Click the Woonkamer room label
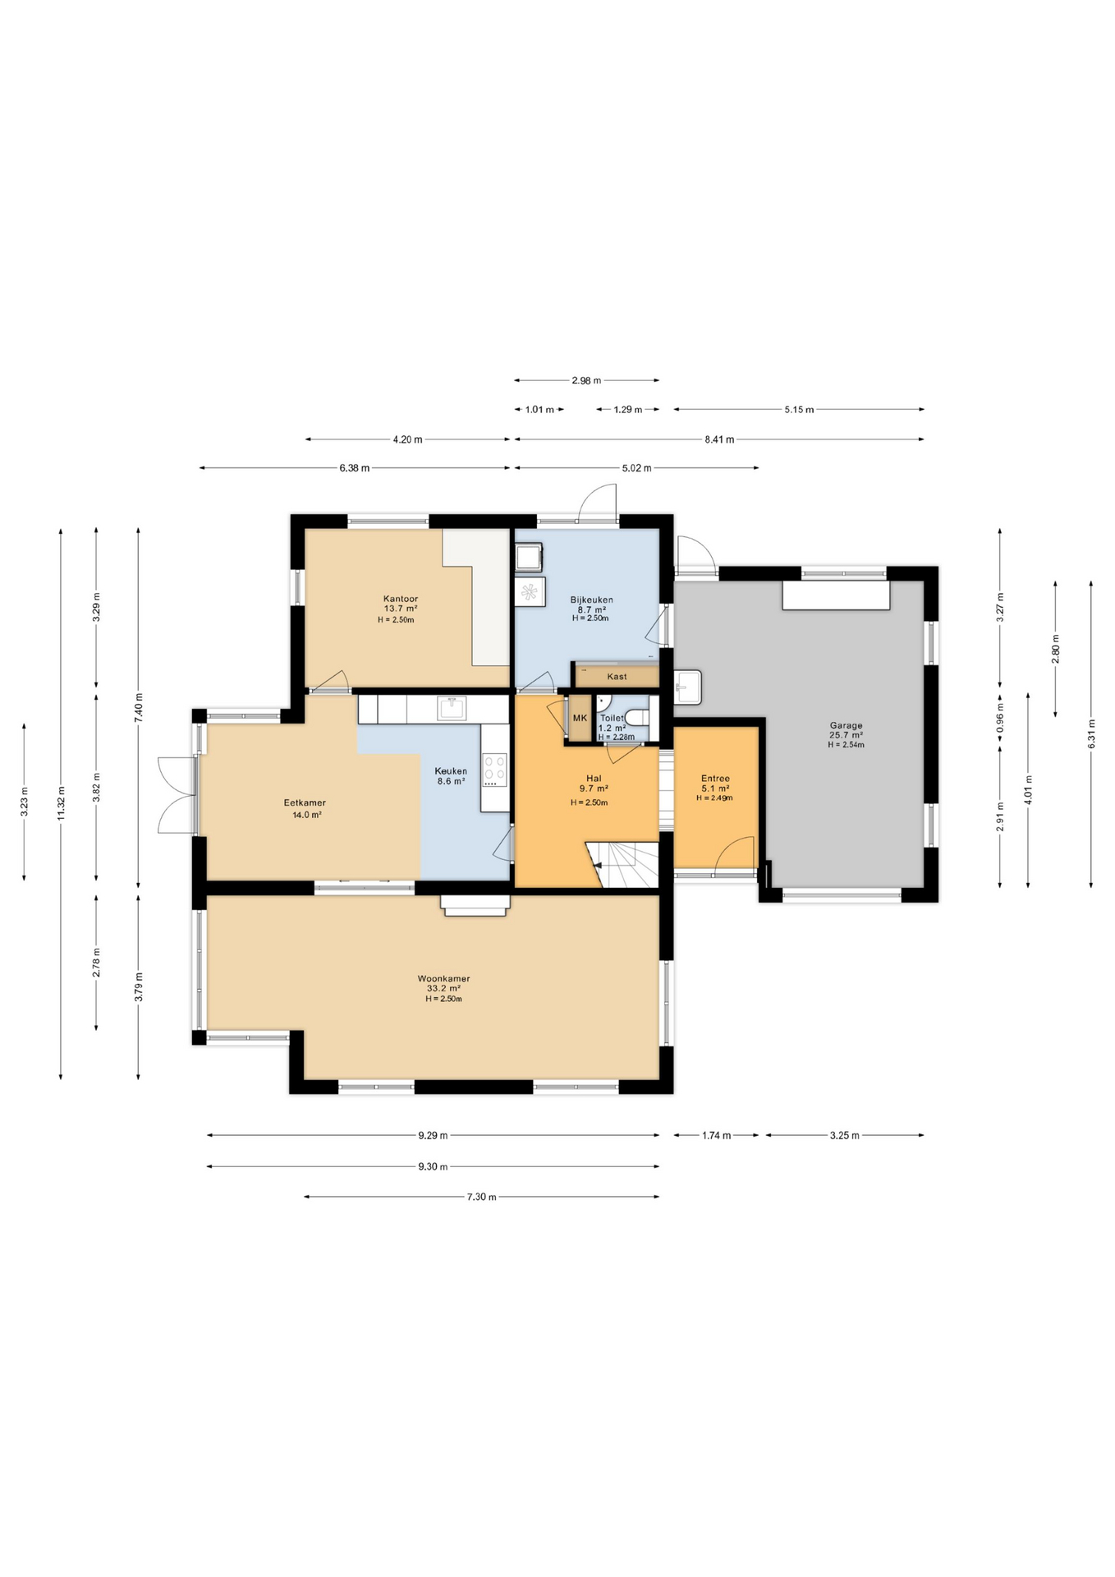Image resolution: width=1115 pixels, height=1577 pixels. coord(443,979)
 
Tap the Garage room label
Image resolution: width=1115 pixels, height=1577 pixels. coord(846,725)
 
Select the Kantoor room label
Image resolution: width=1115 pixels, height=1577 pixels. coord(400,599)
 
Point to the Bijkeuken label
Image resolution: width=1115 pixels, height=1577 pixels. coord(591,600)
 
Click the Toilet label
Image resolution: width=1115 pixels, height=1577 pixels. coord(612,718)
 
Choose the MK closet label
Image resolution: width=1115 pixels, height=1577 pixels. coord(580,718)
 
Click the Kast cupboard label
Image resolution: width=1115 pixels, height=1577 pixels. coord(617,677)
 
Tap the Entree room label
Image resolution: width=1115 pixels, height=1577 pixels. coord(715,779)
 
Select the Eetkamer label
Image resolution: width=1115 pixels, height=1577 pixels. coord(305,802)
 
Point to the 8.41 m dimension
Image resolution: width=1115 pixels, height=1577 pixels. coord(719,439)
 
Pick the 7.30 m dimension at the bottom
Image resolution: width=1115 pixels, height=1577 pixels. coord(481,1197)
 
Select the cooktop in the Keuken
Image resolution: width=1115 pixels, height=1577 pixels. coord(494,770)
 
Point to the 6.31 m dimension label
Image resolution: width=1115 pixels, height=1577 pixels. coord(1091,733)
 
